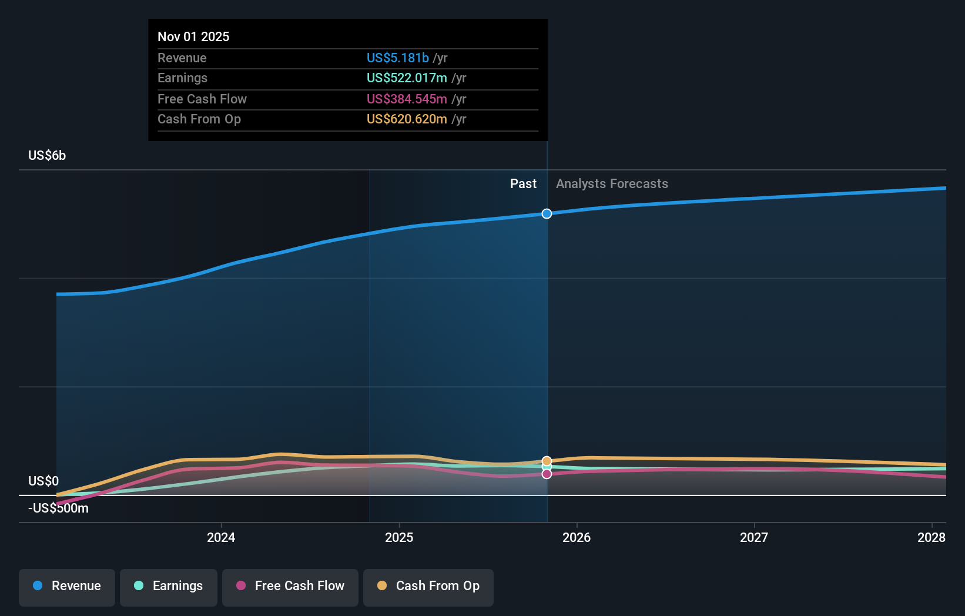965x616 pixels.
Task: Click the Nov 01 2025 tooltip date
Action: tap(193, 36)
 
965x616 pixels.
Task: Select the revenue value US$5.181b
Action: tap(397, 58)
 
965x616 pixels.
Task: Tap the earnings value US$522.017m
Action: tap(407, 78)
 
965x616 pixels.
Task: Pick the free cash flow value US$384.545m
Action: tap(407, 99)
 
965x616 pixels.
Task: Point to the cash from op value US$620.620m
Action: tap(407, 119)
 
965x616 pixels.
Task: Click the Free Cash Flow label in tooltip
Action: tap(202, 99)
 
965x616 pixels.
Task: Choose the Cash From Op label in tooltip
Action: tap(199, 119)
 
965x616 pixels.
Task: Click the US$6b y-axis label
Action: tap(47, 155)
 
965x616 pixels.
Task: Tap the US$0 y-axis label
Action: tap(43, 481)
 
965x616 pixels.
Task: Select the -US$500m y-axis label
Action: tap(58, 508)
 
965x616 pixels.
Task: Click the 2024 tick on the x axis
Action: tap(221, 537)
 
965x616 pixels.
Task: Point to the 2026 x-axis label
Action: tap(577, 537)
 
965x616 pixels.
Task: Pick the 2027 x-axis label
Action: tap(754, 537)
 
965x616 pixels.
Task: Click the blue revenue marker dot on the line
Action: tap(547, 213)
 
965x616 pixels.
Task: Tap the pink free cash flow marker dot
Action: tap(547, 474)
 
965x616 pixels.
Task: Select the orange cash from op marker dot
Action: tap(547, 461)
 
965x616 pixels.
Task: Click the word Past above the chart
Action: tap(523, 183)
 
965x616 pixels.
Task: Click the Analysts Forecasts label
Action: tap(612, 183)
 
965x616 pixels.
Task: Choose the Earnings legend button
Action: tap(169, 586)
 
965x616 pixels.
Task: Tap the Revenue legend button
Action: tap(67, 586)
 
